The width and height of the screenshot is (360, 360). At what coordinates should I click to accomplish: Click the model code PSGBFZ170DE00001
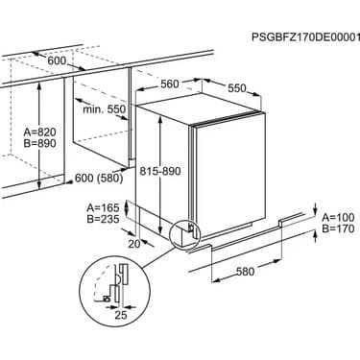305,37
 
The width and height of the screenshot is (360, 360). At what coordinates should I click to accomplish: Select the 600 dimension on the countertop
57,60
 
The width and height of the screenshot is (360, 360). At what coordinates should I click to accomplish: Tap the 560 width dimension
170,84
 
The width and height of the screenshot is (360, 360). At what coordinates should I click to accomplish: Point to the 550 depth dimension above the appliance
237,88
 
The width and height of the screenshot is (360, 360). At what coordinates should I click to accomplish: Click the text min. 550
105,109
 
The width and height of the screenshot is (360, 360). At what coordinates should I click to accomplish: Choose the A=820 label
40,132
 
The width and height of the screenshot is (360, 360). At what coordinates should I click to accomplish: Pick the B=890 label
40,143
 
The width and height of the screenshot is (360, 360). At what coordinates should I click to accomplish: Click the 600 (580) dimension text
99,179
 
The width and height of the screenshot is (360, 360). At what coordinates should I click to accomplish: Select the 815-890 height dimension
160,171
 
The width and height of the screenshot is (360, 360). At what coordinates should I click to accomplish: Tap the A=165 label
103,207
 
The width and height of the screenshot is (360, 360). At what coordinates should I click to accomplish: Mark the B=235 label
103,219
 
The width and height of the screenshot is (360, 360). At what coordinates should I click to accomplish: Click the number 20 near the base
134,244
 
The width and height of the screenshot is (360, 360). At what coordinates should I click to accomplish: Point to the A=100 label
338,217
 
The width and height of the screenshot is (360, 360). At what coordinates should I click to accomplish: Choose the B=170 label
338,228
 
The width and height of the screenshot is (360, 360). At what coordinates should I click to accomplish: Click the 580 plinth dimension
246,272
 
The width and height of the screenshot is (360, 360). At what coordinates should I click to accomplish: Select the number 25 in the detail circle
121,315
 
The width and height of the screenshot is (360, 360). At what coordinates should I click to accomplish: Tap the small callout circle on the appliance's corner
185,234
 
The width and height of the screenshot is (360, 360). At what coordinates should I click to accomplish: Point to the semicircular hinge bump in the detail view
118,280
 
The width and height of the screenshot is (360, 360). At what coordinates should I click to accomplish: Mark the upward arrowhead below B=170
315,234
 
